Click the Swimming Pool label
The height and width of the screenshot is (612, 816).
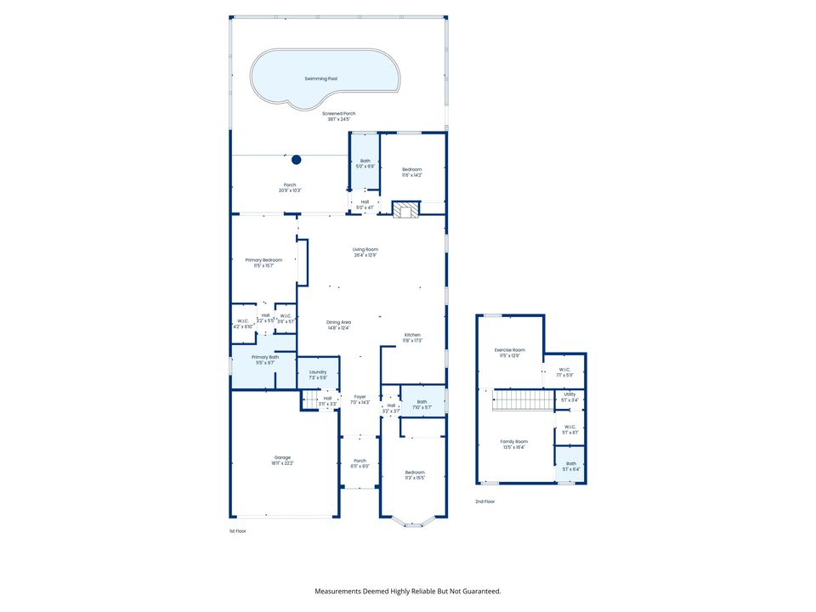320,78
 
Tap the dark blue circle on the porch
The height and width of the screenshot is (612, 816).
297,159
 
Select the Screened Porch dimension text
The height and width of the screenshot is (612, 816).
338,119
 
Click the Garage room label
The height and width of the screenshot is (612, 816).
281,457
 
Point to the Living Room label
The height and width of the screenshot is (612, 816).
365,249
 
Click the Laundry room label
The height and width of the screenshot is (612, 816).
318,371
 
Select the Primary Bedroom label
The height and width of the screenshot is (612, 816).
263,260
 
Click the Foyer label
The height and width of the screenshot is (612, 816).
360,396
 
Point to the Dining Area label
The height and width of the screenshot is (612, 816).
338,322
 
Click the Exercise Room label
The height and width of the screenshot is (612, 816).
509,349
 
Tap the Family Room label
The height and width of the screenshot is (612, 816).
513,441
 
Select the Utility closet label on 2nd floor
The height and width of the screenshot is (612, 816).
569,394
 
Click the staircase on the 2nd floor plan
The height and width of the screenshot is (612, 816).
523,399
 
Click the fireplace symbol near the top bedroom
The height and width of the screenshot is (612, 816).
405,210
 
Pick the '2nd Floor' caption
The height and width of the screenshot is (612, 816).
484,501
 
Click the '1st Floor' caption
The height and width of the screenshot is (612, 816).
238,530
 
